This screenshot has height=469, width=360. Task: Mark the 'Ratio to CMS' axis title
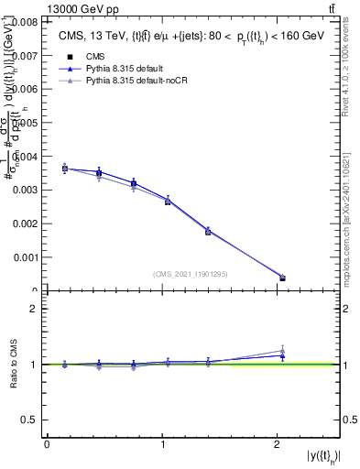pyautogui.click(x=14, y=364)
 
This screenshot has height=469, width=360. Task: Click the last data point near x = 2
pyautogui.click(x=282, y=278)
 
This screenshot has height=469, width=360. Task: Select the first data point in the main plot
pyautogui.click(x=65, y=169)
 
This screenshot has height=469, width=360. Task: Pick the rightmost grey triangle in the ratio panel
pyautogui.click(x=282, y=350)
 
